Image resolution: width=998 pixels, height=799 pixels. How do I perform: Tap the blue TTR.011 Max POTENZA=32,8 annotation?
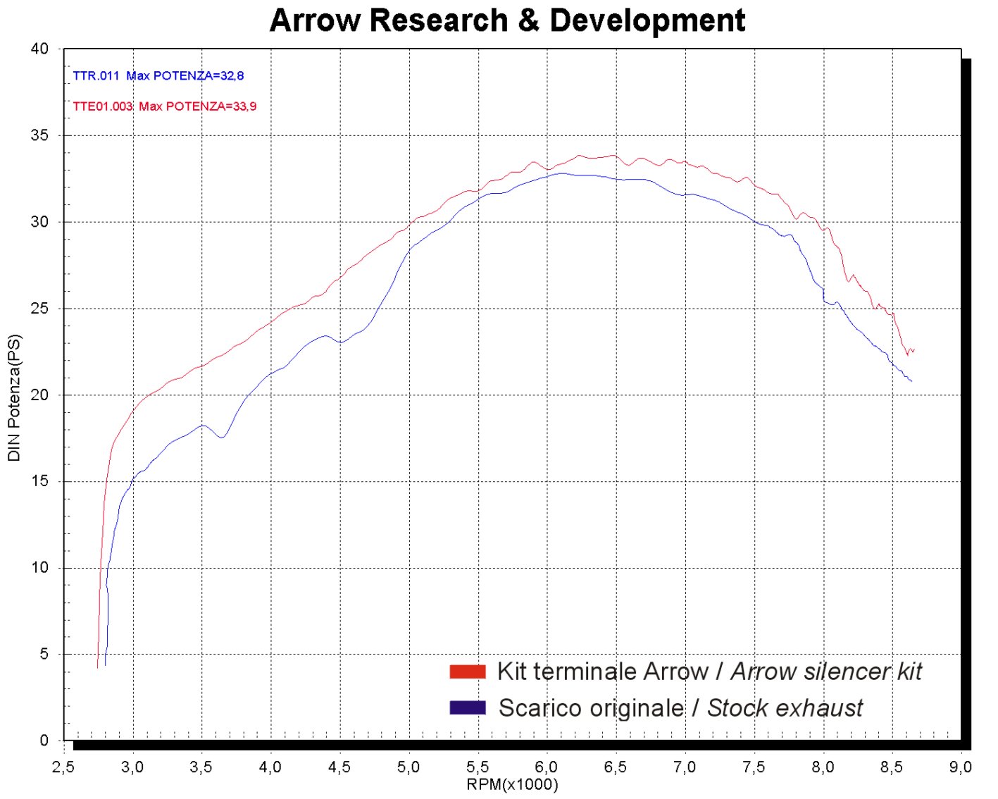tap(158, 76)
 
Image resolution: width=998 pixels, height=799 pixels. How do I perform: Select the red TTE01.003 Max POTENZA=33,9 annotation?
tap(165, 106)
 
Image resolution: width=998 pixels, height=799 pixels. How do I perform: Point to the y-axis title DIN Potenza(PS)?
tap(14, 398)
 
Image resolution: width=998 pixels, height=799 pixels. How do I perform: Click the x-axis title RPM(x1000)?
tap(512, 785)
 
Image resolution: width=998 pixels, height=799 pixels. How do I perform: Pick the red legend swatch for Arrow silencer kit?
tap(468, 671)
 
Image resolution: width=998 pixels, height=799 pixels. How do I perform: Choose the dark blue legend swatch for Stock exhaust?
tap(468, 707)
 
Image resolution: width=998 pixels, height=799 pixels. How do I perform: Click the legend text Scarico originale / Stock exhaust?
tap(680, 707)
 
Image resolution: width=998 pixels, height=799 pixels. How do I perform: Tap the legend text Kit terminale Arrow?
tap(602, 671)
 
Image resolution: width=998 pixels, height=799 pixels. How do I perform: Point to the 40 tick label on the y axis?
tap(39, 49)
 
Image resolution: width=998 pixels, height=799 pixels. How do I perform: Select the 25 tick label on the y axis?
tap(39, 309)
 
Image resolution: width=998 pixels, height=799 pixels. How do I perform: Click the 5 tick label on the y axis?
tap(44, 655)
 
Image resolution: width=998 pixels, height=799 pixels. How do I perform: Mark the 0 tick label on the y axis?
tap(44, 741)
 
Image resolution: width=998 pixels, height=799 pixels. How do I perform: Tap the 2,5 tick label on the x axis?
tap(63, 767)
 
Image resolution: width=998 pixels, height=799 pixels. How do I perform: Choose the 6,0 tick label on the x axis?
tap(547, 767)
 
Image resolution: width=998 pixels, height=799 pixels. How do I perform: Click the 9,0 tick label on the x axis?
tap(961, 767)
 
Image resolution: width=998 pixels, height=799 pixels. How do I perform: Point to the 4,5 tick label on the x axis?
tap(339, 767)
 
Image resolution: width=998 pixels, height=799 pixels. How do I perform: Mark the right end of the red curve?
tap(913, 349)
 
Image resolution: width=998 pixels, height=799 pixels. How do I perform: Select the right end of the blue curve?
tap(911, 381)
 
